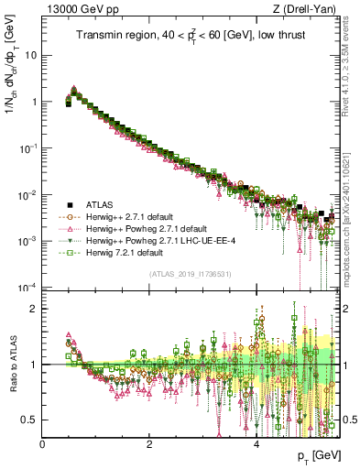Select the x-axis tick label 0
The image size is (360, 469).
click(x=42, y=443)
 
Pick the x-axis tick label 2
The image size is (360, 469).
click(x=149, y=443)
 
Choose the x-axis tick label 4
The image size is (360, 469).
click(x=256, y=443)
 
